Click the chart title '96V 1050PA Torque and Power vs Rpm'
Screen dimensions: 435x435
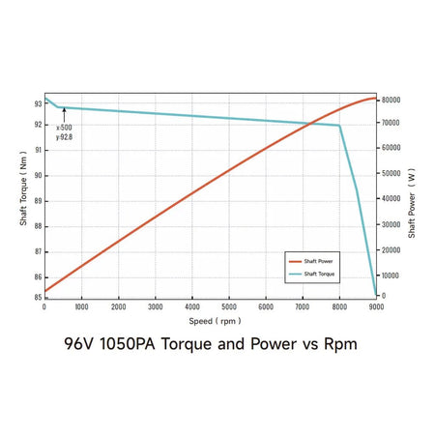217,343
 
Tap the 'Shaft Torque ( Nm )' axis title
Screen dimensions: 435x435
23,194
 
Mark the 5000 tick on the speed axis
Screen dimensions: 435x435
229,305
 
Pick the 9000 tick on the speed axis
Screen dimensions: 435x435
376,305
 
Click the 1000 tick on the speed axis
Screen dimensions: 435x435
81,305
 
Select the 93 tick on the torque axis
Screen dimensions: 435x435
38,103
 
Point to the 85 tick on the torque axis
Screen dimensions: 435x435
38,298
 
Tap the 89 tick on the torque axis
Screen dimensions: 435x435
38,201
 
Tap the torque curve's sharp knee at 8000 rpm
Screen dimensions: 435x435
339,126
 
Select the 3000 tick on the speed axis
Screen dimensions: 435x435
155,305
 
